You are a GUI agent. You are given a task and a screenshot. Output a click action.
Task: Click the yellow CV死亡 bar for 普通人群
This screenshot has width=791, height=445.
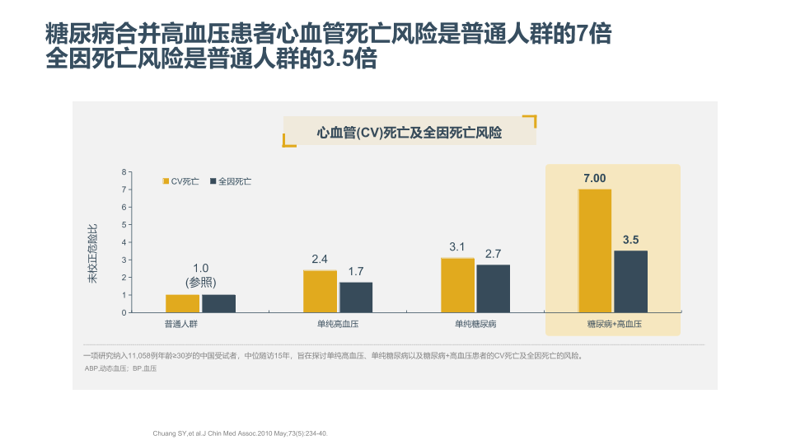pos(182,303)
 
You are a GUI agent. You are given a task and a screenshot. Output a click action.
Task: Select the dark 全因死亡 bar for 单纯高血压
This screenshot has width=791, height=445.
pos(356,297)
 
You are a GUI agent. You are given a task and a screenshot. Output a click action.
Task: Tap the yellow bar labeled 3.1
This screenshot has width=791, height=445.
pos(457,285)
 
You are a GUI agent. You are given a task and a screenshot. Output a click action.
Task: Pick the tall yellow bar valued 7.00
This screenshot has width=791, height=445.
pos(595,251)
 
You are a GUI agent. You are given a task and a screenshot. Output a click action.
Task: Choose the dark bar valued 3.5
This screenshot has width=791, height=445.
pos(630,281)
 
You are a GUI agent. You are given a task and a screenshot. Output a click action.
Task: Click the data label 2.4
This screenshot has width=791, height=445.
pos(320,260)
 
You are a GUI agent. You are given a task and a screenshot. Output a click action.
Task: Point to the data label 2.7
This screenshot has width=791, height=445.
pos(494,253)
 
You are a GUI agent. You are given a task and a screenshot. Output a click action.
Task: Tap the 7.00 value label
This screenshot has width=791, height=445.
pos(594,178)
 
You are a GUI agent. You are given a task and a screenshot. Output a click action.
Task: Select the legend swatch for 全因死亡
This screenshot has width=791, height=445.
pos(213,180)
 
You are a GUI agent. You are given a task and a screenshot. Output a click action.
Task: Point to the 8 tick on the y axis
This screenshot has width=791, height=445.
pos(124,172)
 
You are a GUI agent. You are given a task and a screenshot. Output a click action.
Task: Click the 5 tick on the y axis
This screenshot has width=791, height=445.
pos(124,225)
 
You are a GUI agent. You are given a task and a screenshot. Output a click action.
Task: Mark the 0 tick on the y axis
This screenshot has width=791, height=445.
pos(124,312)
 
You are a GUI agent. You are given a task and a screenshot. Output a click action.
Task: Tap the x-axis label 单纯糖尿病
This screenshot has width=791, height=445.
pos(475,325)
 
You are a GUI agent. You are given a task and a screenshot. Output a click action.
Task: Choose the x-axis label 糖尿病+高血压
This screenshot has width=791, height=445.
pos(613,325)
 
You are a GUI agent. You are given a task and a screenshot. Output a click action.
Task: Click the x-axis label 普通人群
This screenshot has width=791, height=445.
pos(180,325)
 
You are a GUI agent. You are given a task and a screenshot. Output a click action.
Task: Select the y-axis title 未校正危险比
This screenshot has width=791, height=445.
pos(92,253)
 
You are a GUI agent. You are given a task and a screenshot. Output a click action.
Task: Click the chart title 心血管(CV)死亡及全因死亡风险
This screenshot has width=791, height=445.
pos(410,132)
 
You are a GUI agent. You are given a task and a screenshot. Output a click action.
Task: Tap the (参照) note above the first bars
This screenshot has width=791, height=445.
pos(201,282)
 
